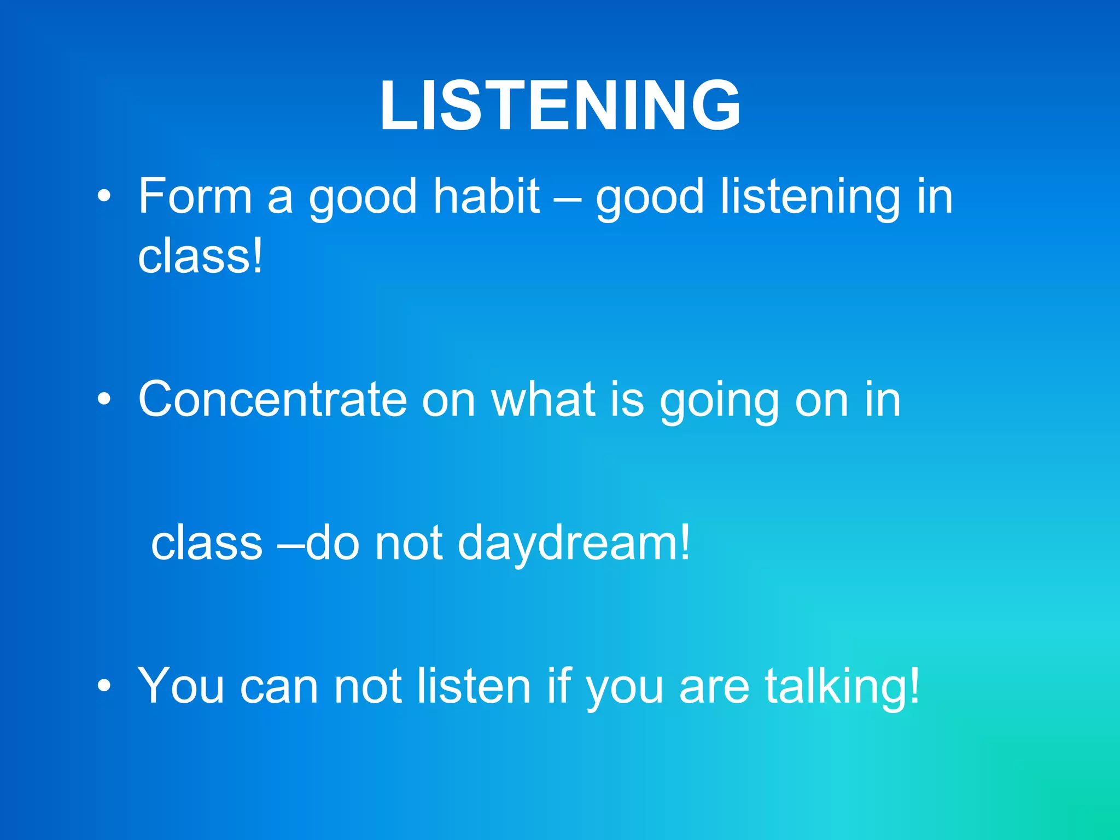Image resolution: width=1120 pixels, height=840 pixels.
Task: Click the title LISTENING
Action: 560,105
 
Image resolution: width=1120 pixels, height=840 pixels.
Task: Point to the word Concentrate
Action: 272,400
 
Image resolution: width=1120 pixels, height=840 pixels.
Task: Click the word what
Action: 543,400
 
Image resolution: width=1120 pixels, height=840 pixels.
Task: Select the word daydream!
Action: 574,544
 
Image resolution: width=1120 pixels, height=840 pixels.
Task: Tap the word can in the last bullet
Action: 279,688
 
